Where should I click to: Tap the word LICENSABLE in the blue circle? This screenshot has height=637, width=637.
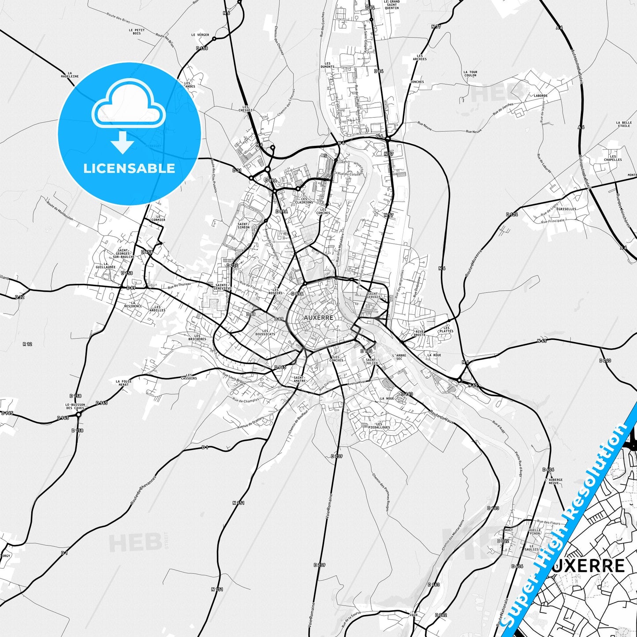point(129,168)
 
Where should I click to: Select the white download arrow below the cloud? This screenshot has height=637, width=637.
point(123,142)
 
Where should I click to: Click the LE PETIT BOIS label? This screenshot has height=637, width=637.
point(137,32)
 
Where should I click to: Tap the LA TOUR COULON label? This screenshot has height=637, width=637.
point(470,74)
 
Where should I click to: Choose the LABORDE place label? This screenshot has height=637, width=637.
point(540,96)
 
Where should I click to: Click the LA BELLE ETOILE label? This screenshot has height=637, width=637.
point(624,124)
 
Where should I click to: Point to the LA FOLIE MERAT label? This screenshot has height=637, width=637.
point(124,383)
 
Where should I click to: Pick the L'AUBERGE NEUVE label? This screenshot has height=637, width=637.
point(554,481)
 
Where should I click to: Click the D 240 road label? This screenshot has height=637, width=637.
point(605,361)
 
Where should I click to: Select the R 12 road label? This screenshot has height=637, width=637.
point(27,344)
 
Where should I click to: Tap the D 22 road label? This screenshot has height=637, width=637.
point(19,297)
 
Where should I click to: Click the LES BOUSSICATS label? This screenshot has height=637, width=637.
point(265,332)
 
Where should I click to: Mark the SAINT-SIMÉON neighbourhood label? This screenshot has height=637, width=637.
point(243,225)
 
